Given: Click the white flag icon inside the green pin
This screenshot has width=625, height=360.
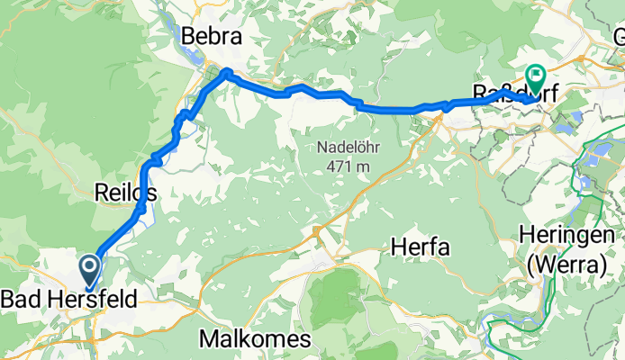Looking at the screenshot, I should pyautogui.click(x=536, y=75).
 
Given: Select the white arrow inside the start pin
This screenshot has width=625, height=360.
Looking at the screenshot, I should pyautogui.click(x=90, y=265).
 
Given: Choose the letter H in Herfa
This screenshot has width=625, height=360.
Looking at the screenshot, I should pyautogui.click(x=398, y=244).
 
